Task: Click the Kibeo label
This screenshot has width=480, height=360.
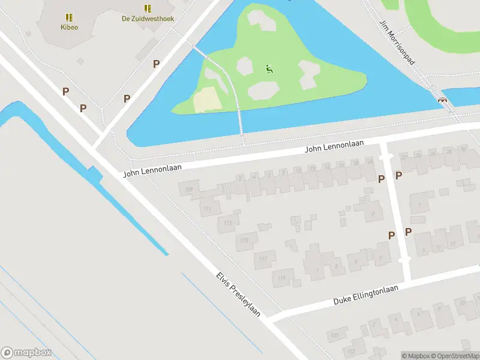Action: click(69, 27)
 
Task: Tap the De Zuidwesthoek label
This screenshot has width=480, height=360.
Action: click(148, 19)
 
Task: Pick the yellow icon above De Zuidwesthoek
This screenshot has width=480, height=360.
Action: click(148, 8)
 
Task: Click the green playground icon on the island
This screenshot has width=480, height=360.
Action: click(268, 68)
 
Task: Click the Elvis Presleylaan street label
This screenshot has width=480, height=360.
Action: click(238, 295)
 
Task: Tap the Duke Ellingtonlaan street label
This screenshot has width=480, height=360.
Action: click(366, 296)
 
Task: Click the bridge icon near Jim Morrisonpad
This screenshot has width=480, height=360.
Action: click(443, 100)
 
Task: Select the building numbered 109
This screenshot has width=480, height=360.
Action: click(190, 190)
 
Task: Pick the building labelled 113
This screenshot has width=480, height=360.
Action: click(227, 223)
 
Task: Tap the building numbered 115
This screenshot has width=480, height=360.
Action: click(245, 241)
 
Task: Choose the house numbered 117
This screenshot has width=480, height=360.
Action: click(263, 259)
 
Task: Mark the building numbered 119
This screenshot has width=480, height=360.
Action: click(282, 277)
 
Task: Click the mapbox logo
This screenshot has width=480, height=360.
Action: click(26, 353)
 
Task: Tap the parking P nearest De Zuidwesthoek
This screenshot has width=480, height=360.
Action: click(156, 64)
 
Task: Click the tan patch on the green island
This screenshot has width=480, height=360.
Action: click(204, 98)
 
